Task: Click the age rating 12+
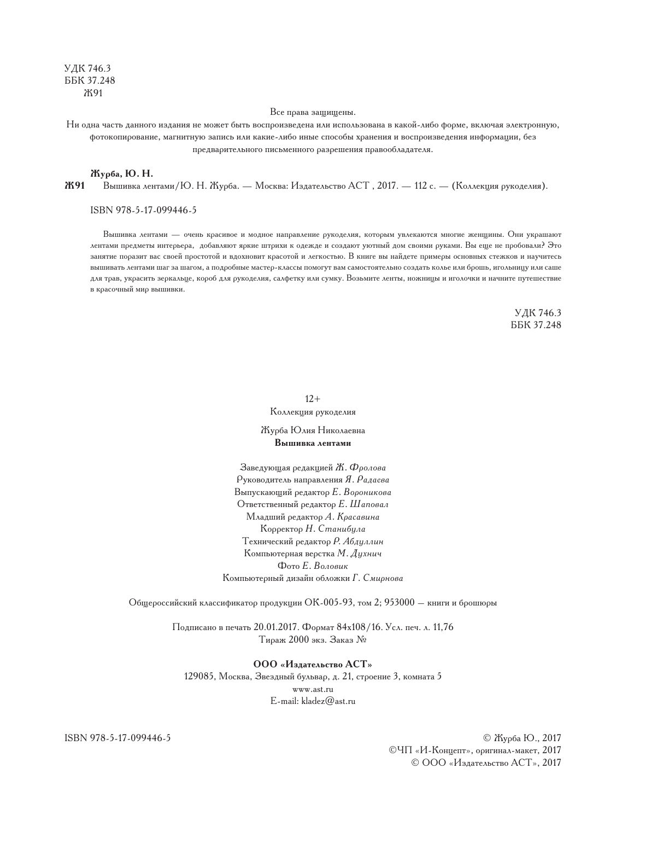click(x=313, y=399)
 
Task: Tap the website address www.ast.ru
click(x=313, y=689)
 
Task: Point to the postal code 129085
click(x=199, y=677)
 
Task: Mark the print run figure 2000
click(x=298, y=639)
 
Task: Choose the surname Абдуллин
click(x=364, y=541)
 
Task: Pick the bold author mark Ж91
click(x=74, y=186)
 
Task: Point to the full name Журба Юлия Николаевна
click(x=313, y=431)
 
